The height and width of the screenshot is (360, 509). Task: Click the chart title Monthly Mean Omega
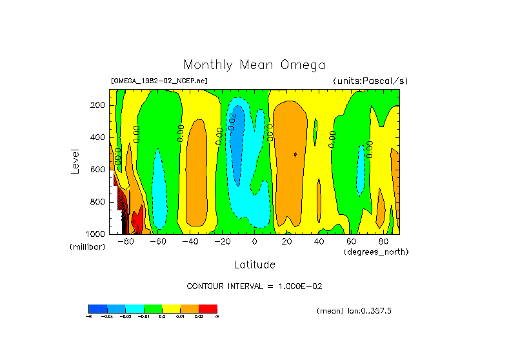click(254, 65)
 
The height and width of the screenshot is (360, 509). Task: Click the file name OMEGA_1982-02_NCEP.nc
click(159, 81)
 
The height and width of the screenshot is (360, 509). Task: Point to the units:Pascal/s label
click(370, 81)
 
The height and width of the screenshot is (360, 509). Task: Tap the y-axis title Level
click(75, 161)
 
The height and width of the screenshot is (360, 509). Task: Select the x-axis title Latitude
click(254, 265)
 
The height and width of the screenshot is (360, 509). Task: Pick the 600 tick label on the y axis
click(98, 170)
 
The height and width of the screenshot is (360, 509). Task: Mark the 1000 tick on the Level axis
click(95, 234)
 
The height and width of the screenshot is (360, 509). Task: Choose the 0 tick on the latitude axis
click(254, 241)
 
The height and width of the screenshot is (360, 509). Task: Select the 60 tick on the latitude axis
click(351, 241)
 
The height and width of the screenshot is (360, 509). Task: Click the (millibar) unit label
click(88, 247)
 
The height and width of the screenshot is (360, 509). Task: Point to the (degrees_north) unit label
click(376, 251)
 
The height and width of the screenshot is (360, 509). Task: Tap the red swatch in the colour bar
click(208, 308)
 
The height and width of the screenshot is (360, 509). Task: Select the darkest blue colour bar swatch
click(97, 308)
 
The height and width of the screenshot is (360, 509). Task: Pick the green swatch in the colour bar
click(152, 308)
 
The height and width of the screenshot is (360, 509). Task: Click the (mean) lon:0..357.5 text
click(354, 311)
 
